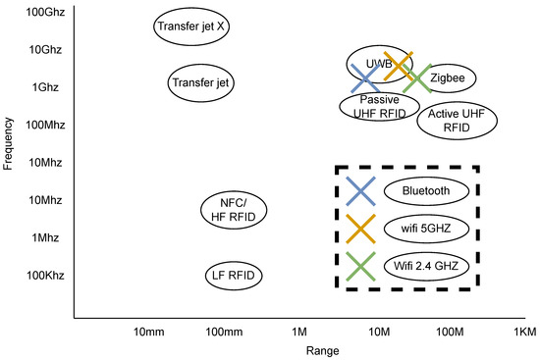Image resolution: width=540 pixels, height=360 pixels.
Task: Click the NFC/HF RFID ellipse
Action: (233, 209)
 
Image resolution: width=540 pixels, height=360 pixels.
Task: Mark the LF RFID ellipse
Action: (233, 276)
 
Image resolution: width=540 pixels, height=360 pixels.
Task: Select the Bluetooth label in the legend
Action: (425, 190)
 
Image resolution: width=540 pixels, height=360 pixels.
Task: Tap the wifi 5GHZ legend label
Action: (425, 229)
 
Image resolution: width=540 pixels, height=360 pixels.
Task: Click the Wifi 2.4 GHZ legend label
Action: (425, 266)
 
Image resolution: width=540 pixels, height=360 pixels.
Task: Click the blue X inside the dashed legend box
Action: (360, 190)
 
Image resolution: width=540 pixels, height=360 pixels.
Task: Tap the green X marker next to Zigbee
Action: (417, 79)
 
